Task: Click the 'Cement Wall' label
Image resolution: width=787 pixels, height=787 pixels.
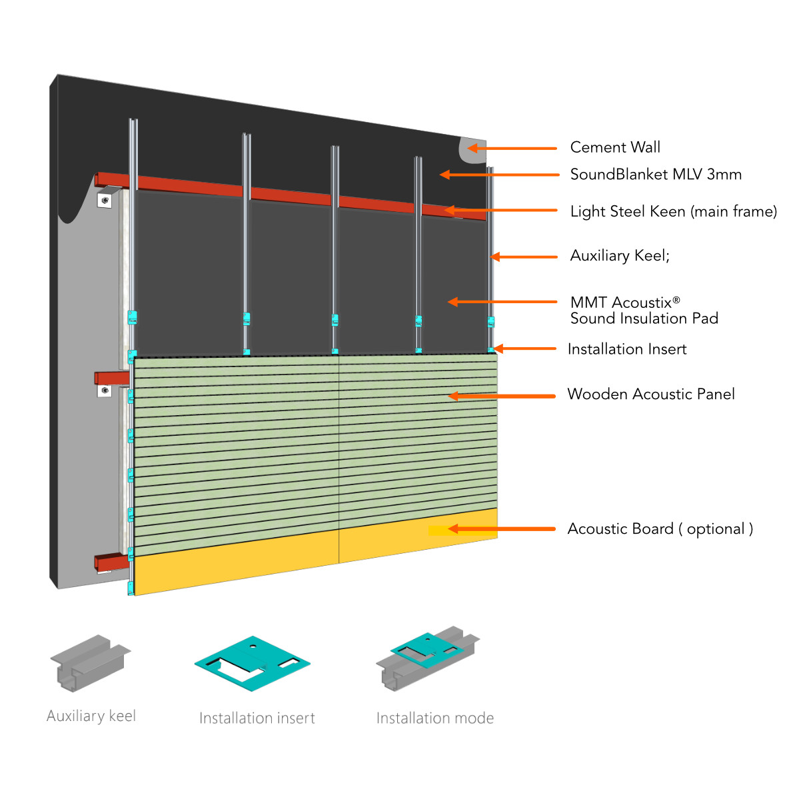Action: (615, 147)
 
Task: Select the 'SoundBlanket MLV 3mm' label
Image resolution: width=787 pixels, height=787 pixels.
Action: (656, 175)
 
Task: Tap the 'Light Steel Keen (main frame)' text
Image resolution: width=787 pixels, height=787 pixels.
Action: (673, 211)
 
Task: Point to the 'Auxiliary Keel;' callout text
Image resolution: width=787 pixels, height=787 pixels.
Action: (620, 256)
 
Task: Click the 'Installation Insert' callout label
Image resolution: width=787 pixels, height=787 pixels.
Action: (626, 349)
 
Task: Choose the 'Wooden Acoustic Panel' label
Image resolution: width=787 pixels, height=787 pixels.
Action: (650, 394)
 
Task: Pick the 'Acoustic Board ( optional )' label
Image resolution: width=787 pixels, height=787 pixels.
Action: (660, 529)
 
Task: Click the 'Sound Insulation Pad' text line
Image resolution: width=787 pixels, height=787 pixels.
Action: (644, 319)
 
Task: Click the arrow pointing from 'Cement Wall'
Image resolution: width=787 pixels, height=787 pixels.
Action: (512, 148)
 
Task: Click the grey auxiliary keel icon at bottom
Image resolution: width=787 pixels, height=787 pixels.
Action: (91, 662)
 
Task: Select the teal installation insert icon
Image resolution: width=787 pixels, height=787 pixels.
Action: (253, 662)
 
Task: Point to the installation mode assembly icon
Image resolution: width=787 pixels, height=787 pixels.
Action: (427, 656)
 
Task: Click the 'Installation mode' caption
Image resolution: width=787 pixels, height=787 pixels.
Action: (434, 718)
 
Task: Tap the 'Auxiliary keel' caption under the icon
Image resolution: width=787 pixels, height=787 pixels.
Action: (91, 716)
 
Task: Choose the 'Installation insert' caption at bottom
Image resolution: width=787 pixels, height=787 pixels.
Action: (257, 718)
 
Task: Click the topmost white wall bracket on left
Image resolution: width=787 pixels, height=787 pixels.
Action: (105, 200)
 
